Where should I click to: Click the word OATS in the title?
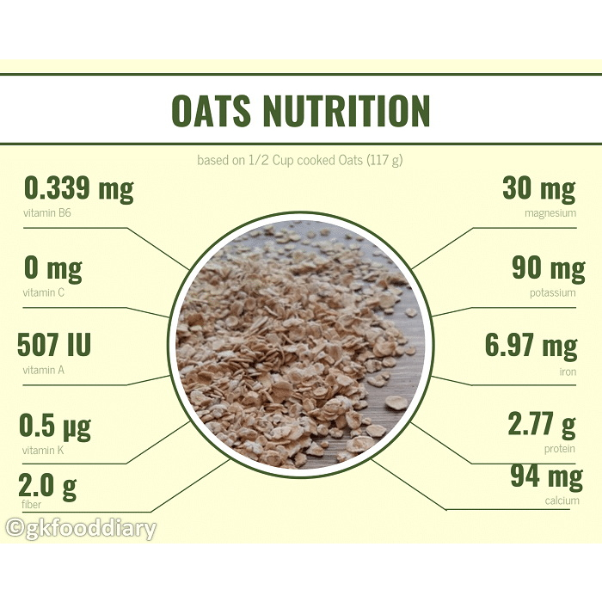coord(212,110)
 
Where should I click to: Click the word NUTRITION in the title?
coord(347,110)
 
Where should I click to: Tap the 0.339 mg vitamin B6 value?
coord(79,189)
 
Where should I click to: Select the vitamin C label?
coord(44,292)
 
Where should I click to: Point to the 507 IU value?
coord(54,344)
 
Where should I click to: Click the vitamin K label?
coord(43,450)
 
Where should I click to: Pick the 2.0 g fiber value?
coord(47,487)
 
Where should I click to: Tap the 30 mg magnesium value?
coord(539,189)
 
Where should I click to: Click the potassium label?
coord(553,293)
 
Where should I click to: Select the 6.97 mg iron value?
coord(531,346)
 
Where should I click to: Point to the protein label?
coord(560,449)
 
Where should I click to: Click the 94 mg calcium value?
coord(547,476)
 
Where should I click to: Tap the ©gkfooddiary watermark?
coord(82,528)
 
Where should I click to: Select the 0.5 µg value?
coord(55,426)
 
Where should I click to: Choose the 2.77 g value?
coord(542,424)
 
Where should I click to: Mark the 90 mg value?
coord(549,268)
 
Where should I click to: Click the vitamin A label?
coord(43,370)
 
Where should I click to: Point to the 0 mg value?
coord(53,268)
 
